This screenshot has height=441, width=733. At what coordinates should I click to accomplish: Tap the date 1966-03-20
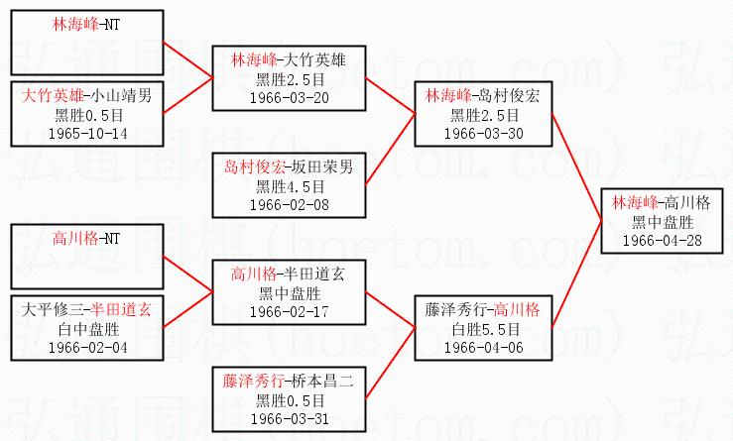point(289,99)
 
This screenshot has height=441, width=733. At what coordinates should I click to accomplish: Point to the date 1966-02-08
point(289,203)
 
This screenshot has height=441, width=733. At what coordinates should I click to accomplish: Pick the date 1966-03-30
point(483,133)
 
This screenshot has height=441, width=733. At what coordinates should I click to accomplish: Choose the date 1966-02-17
point(289,311)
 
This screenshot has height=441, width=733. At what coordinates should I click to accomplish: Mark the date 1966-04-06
point(483,347)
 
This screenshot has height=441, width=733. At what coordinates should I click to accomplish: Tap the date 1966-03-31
point(289,417)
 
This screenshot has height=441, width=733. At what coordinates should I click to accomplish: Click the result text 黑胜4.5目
point(289,185)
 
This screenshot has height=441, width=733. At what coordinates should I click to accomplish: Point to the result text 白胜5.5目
point(483,329)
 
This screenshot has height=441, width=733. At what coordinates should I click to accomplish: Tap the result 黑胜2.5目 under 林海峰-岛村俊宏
point(483,115)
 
